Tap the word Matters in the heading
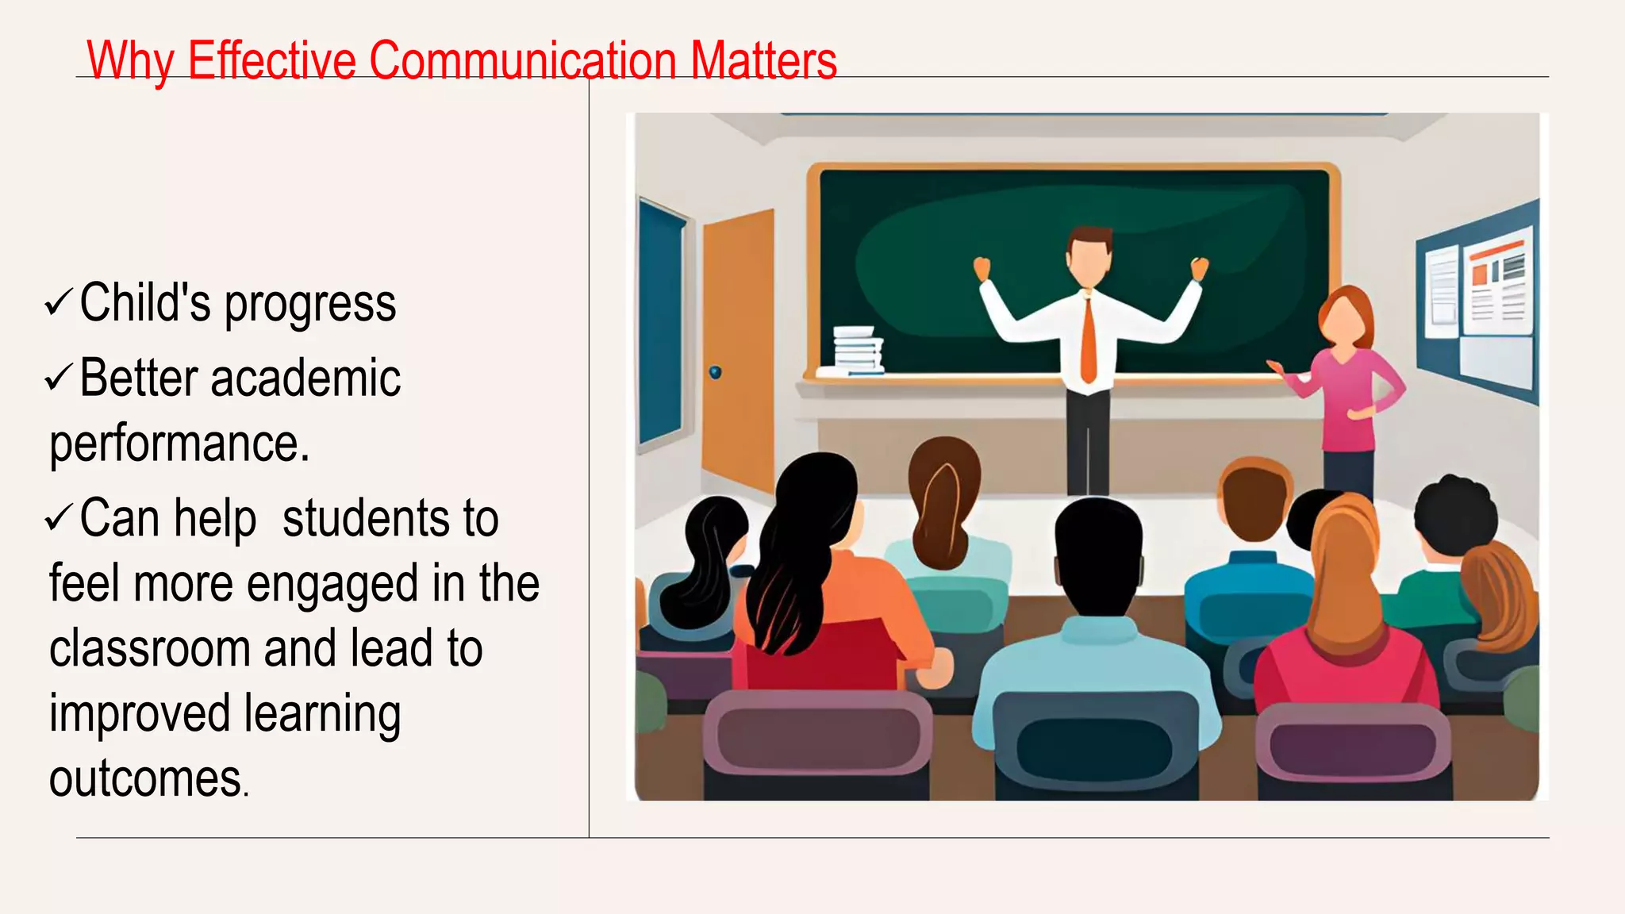(x=763, y=61)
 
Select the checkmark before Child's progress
(x=60, y=302)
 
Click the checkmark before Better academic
(x=60, y=377)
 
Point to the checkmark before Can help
(x=60, y=517)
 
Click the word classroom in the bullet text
(x=150, y=649)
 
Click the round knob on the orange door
(x=715, y=372)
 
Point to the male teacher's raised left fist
(x=982, y=267)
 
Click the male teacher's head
(x=1089, y=254)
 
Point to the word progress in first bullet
(x=310, y=305)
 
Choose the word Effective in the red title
(x=272, y=61)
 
